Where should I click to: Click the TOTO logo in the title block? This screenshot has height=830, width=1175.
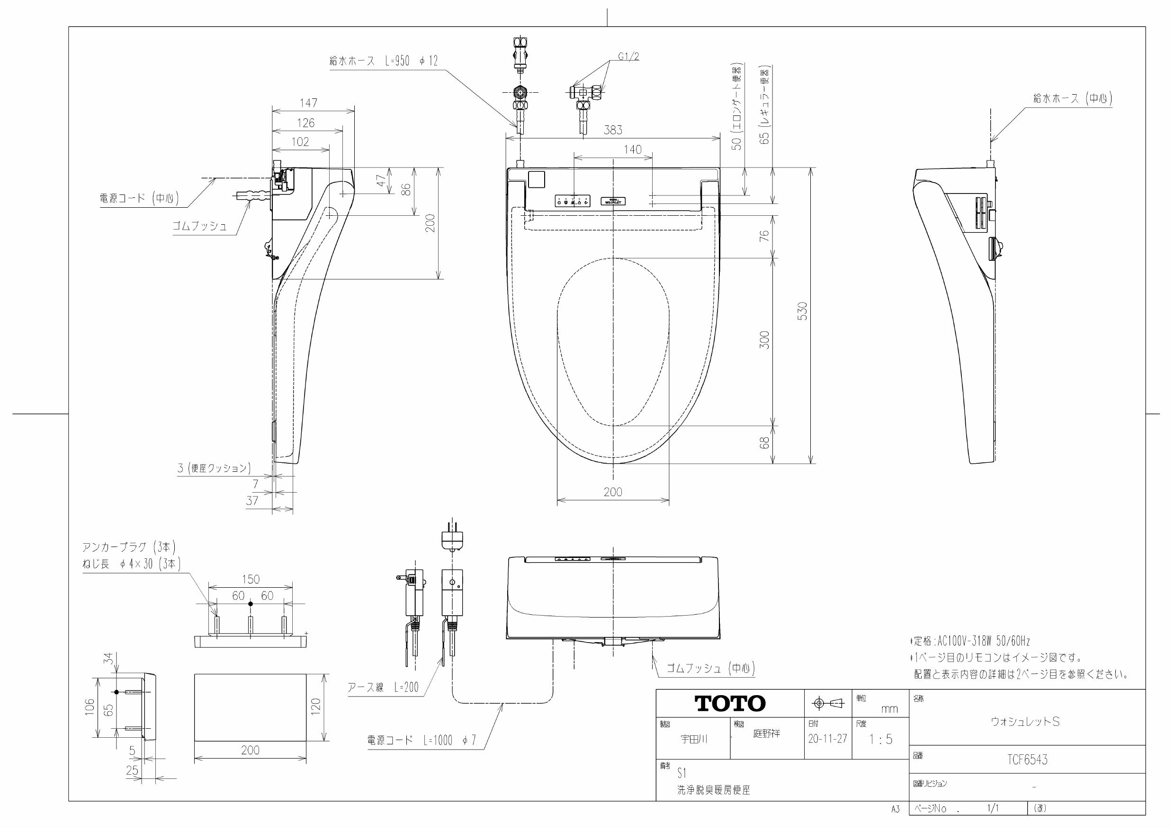pos(730,704)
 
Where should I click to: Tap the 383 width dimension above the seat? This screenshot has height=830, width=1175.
pos(612,130)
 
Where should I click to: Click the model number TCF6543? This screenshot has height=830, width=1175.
pos(1027,759)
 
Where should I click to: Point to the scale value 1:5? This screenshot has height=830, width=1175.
pos(880,739)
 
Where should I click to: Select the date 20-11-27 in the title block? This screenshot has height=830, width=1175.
pos(827,739)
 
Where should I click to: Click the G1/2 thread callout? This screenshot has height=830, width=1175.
pos(628,57)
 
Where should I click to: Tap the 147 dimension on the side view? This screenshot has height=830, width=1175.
pos(308,103)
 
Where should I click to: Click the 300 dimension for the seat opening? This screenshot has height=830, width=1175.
pos(764,340)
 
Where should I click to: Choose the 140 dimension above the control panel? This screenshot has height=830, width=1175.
pos(633,150)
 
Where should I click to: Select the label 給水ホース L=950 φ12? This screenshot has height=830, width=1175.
pos(384,61)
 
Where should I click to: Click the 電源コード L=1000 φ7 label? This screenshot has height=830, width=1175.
pos(421,740)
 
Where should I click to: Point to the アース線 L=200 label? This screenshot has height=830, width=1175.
pos(383,687)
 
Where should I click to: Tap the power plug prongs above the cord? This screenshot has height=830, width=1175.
pos(452,527)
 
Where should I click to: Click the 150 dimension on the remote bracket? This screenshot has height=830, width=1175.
pos(250,579)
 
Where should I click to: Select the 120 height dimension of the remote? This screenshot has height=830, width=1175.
pos(316,706)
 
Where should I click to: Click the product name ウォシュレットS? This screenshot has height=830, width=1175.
pos(1025,721)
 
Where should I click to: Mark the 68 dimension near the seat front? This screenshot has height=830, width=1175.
pos(764,442)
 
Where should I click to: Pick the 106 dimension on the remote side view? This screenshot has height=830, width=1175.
pos(90,707)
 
